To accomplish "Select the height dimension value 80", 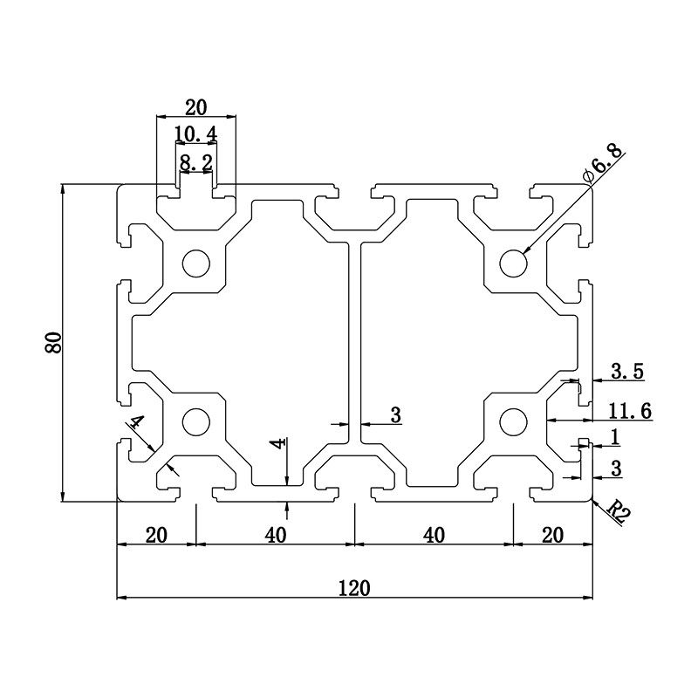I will coord(54,343).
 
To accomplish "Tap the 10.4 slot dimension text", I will coord(195,133).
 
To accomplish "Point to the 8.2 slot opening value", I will coord(195,162).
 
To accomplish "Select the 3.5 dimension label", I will coord(626,372).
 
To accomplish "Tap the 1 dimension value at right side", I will coord(614,435).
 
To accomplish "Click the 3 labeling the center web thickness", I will coord(395,415).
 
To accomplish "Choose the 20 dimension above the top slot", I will coord(195,106).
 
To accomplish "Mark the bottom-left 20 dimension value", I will coord(156,535).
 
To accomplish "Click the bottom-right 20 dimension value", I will coord(552,535).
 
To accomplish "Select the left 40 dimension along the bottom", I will coord(276,535).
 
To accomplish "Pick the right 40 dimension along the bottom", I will coord(434,535).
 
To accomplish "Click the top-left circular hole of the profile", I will coord(195,263).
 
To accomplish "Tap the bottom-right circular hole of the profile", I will coord(514,422).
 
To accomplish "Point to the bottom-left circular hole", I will coord(195,422).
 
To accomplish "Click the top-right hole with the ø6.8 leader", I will coord(514,263).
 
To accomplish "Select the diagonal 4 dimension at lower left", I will coord(136,424).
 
